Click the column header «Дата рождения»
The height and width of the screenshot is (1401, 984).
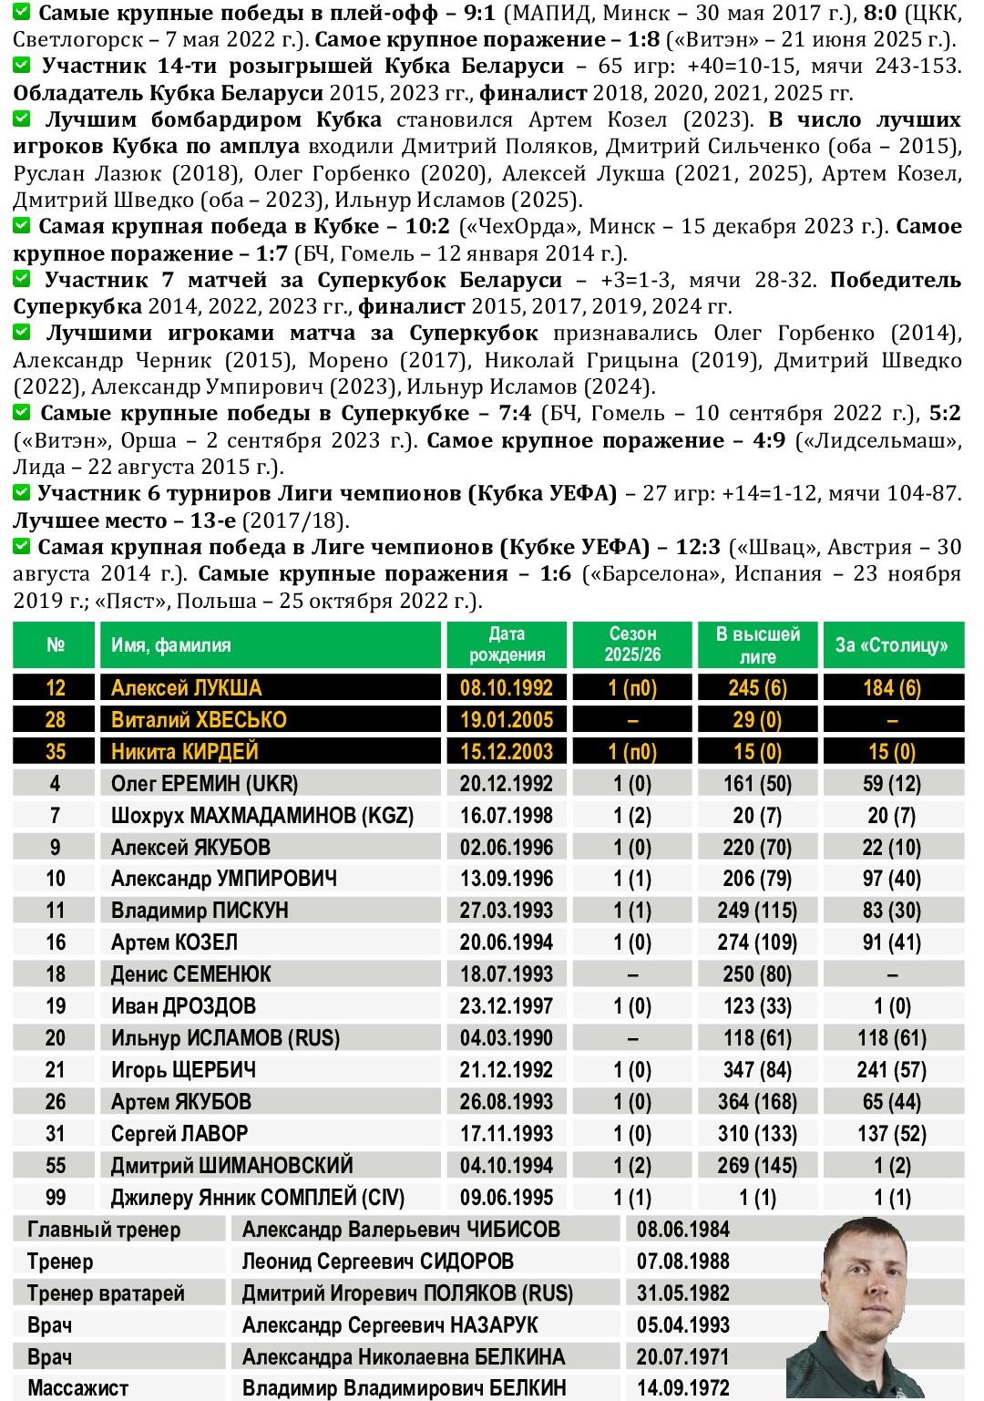(x=507, y=644)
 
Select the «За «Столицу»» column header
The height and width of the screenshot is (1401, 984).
(x=892, y=644)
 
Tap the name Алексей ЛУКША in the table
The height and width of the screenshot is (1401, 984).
(x=186, y=687)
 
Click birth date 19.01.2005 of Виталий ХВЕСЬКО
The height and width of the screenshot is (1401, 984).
(x=507, y=719)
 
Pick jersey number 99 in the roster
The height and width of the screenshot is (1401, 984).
(x=56, y=1197)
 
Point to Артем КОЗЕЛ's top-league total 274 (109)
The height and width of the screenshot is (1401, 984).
(x=757, y=943)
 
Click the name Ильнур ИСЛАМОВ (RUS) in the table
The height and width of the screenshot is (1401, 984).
(x=225, y=1038)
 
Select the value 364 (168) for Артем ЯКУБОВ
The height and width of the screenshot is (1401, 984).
(x=757, y=1102)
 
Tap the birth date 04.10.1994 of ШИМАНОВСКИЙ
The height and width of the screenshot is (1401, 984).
(x=507, y=1166)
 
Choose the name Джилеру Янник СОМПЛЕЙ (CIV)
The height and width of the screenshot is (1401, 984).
(x=258, y=1197)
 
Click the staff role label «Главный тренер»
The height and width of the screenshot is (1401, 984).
(x=104, y=1230)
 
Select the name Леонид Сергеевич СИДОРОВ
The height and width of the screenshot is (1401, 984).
(x=377, y=1262)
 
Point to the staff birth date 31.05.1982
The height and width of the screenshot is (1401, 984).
(x=683, y=1293)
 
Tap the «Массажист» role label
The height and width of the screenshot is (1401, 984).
(x=77, y=1388)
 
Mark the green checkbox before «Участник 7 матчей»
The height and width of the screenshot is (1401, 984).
(x=22, y=279)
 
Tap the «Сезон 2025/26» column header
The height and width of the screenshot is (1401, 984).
(x=632, y=644)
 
